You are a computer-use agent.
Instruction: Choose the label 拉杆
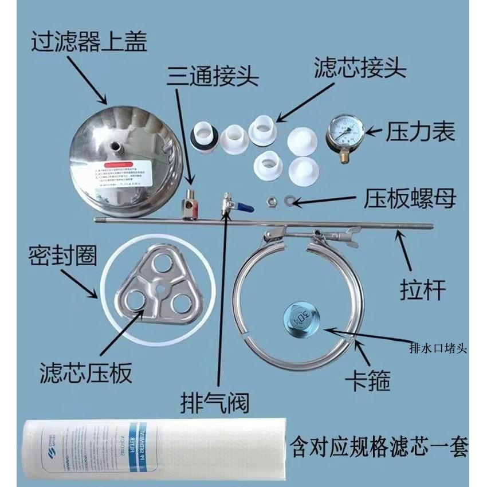pyautogui.click(x=422, y=290)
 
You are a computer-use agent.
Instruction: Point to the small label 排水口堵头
pyautogui.click(x=439, y=347)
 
